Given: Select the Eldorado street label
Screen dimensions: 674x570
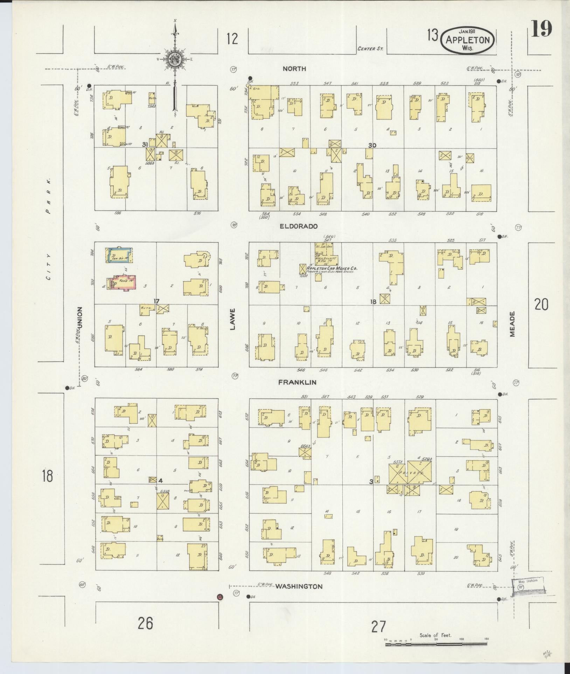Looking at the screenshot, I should (x=299, y=226).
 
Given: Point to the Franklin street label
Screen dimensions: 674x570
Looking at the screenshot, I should (x=297, y=382).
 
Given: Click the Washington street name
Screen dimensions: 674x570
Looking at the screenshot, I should (x=299, y=586).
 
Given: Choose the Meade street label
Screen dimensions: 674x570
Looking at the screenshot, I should (x=513, y=324).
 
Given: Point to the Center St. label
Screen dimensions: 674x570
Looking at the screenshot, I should (x=370, y=49).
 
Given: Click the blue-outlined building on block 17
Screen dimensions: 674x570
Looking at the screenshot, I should (x=119, y=255).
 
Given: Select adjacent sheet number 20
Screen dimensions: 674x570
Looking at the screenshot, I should (x=541, y=305).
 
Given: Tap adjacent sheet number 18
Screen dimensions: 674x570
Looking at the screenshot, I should (x=47, y=476).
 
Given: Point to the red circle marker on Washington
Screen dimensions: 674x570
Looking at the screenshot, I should (x=220, y=596).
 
